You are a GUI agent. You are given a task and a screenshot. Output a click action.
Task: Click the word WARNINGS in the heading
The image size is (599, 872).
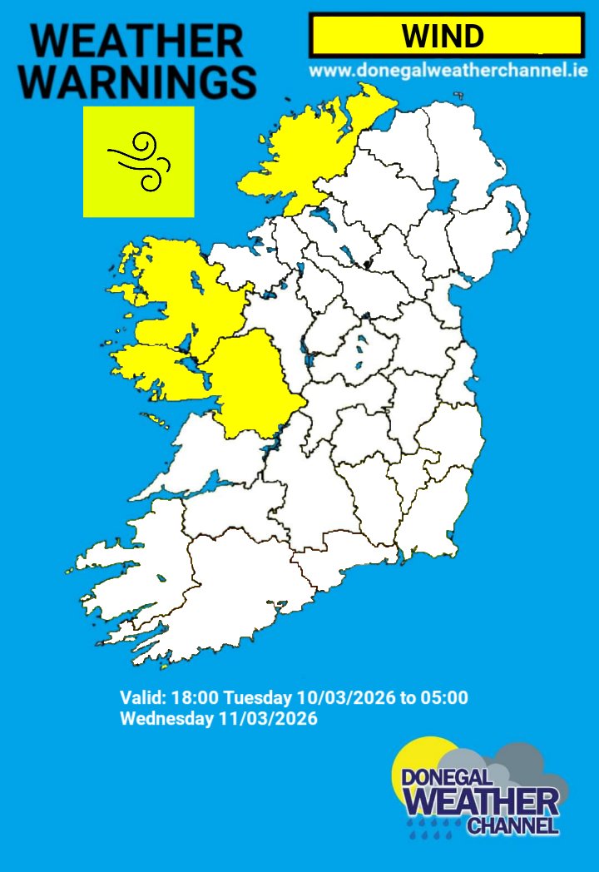(x=136, y=81)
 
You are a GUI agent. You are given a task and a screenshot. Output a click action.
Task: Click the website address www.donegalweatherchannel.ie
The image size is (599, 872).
(x=448, y=72)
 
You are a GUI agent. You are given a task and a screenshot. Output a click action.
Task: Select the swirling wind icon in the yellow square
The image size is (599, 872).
(x=138, y=161)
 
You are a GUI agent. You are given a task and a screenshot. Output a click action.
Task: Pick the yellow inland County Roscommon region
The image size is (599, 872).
(x=250, y=374)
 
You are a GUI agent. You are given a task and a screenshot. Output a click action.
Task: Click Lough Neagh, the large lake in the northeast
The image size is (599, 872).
(x=444, y=199)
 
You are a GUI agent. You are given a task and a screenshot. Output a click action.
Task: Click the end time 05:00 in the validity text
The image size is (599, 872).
(x=445, y=697)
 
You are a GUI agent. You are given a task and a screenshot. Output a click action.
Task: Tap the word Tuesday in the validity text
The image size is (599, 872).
(x=254, y=697)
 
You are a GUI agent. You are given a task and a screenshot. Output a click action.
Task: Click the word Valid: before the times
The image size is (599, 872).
(x=142, y=697)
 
